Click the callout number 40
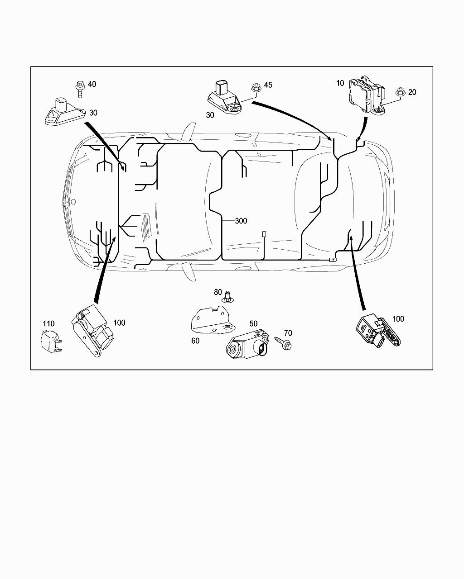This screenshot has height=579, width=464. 92,84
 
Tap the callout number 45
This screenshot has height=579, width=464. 268,85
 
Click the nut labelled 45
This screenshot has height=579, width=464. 256,89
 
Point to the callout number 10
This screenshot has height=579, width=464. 340,83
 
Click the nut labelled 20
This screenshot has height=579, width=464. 400,92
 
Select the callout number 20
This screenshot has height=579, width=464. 412,92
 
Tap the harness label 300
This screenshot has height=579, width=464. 241,221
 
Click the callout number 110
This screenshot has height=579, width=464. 48,324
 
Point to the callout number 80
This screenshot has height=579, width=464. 218,292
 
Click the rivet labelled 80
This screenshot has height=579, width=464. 227,297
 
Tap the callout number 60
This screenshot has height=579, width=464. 195,341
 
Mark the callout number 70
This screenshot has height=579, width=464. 288,333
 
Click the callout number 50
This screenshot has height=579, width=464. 253,324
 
